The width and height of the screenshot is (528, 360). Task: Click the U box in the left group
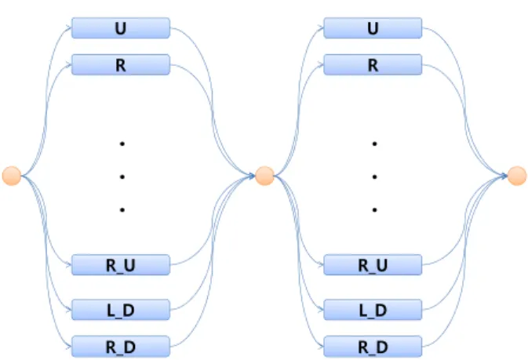tap(121, 28)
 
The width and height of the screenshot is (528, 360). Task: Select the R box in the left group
tap(121, 64)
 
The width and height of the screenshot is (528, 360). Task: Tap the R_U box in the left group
tap(121, 265)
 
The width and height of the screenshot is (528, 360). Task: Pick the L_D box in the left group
tap(121, 310)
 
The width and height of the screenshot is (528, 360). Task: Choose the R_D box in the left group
tap(121, 346)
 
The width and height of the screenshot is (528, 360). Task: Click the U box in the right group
tap(373, 28)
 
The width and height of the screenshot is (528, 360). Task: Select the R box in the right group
tap(373, 64)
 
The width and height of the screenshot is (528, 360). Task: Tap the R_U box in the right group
tap(373, 265)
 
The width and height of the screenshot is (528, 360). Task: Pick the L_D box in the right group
tap(373, 310)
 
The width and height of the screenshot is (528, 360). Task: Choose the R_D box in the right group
tap(373, 346)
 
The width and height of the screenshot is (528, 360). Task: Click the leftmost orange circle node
tap(12, 176)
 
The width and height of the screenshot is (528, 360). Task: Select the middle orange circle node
tap(264, 176)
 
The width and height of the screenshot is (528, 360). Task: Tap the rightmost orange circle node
tap(517, 176)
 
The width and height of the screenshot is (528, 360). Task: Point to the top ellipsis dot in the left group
tap(122, 144)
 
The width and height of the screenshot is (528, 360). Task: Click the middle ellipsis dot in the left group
tap(122, 176)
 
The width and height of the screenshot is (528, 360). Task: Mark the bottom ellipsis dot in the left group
tap(122, 209)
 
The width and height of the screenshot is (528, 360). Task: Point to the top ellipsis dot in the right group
tap(374, 144)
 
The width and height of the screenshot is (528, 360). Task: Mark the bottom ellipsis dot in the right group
tap(374, 209)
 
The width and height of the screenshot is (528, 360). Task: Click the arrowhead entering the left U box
tap(69, 28)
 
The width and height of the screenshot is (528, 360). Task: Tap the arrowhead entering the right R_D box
tap(321, 347)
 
